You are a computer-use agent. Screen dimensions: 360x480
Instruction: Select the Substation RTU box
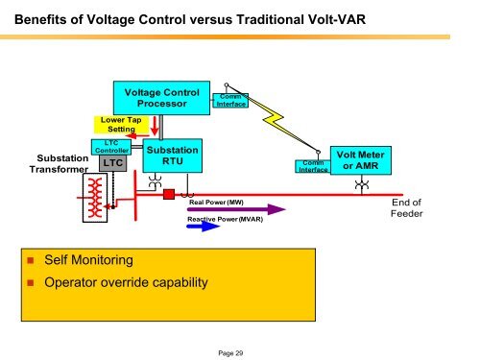point(173,156)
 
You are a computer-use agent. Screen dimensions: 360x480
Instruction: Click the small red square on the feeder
point(167,195)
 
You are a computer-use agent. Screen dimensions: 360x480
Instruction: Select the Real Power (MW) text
point(216,204)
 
